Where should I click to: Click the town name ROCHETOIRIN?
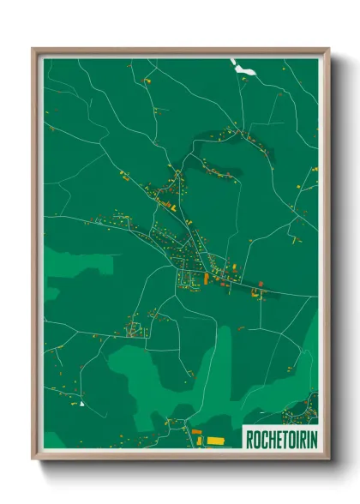pyautogui.click(x=279, y=439)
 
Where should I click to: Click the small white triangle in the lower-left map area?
pyautogui.click(x=81, y=403)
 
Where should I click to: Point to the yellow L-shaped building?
pyautogui.click(x=255, y=293)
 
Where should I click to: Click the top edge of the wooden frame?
pyautogui.click(x=180, y=51)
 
